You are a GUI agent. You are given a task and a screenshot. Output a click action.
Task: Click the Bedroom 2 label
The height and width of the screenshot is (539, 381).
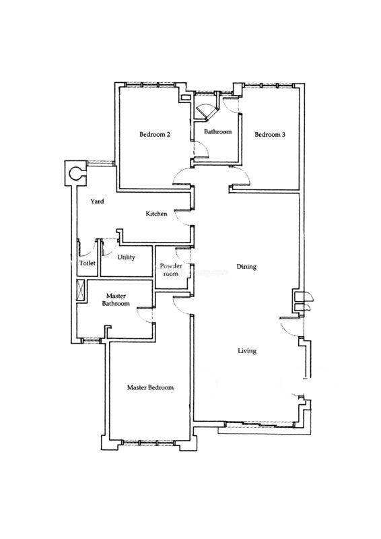[x=155, y=134]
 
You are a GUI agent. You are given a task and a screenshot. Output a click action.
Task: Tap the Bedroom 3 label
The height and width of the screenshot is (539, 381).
[x=270, y=134]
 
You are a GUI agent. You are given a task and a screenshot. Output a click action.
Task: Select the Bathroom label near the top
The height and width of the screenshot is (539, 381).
[x=218, y=131]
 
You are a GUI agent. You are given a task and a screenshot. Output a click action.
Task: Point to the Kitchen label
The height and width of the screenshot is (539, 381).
[x=156, y=214]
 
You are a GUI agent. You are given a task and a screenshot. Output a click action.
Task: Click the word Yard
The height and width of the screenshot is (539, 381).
[x=97, y=201]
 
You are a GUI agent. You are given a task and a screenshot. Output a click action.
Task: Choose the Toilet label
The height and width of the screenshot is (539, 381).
[x=88, y=263]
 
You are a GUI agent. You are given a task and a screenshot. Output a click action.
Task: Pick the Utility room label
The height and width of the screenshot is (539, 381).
[x=126, y=257]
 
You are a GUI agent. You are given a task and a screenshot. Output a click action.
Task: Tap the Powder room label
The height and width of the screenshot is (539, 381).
[x=171, y=270]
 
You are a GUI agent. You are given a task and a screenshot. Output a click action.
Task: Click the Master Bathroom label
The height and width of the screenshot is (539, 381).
[x=116, y=300]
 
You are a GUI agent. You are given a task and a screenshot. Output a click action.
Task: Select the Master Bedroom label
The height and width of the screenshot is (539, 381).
[x=150, y=387]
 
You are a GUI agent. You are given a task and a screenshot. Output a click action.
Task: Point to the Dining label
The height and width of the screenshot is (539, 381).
[x=246, y=267]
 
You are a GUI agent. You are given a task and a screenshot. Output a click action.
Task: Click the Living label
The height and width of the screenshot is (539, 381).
[x=247, y=351]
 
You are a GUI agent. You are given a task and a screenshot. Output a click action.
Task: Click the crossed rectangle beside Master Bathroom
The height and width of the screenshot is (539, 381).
[x=81, y=290]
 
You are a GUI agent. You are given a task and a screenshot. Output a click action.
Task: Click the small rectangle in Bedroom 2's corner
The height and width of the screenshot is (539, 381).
[x=186, y=97]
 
